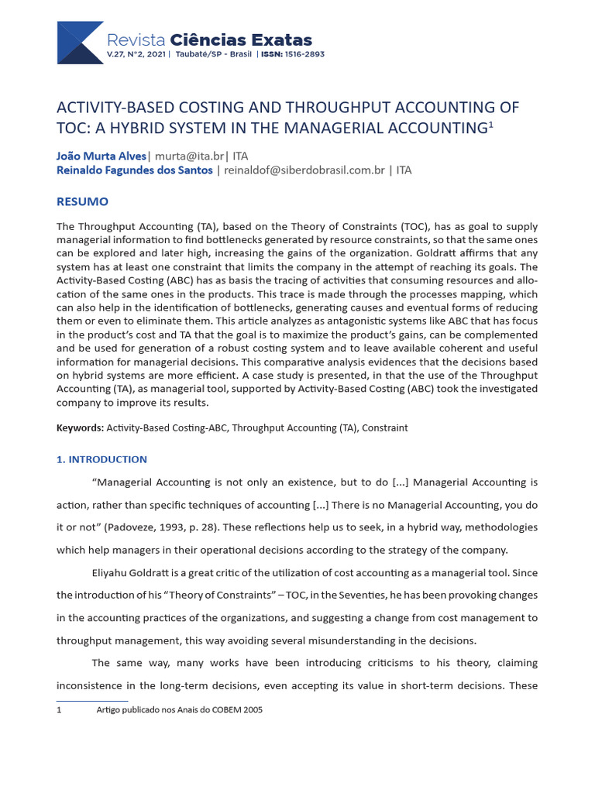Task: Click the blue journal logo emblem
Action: coord(80,43)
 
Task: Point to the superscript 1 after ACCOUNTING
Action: coord(490,123)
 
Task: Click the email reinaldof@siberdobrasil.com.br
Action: coord(304,170)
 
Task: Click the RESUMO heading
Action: coord(82,201)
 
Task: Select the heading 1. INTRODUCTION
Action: coord(101,459)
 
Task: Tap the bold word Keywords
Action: coord(80,427)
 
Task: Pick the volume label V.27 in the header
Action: coord(115,55)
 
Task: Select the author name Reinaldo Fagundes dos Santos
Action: coord(135,170)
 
